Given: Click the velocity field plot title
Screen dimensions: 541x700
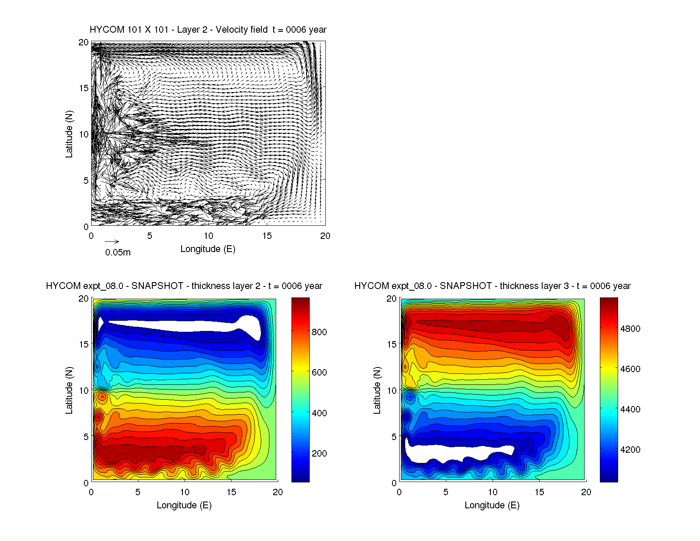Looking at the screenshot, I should (x=208, y=30).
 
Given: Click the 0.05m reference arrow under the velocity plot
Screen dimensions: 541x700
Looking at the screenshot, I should (x=112, y=242).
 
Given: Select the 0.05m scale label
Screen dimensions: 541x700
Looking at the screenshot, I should (x=118, y=252).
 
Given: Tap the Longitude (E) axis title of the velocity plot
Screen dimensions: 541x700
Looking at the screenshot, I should (x=208, y=249).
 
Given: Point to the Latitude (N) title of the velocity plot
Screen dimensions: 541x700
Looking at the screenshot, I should (x=69, y=134).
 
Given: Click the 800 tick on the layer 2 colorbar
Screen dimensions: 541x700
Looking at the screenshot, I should (x=319, y=332).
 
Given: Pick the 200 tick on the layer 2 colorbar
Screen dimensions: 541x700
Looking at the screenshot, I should (x=319, y=454).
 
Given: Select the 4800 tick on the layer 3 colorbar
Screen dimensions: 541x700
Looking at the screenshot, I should (x=630, y=329).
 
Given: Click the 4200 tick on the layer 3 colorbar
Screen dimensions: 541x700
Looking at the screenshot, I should (x=630, y=450).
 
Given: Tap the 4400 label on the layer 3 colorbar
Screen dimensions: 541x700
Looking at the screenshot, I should (x=630, y=409).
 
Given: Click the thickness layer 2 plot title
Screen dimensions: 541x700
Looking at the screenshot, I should (x=184, y=286).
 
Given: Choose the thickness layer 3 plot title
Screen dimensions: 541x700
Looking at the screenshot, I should (x=492, y=286).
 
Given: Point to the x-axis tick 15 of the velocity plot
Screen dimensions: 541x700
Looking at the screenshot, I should (x=267, y=236).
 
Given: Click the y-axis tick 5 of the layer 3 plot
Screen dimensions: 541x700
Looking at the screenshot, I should (x=394, y=437).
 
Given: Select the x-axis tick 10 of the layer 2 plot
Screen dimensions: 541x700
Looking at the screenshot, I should (x=185, y=492).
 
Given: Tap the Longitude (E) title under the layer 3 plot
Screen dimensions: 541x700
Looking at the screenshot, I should (x=492, y=505).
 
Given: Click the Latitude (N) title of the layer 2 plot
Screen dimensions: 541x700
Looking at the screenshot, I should (x=69, y=390).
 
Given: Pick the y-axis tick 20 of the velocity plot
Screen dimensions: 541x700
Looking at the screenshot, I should (x=84, y=42).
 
